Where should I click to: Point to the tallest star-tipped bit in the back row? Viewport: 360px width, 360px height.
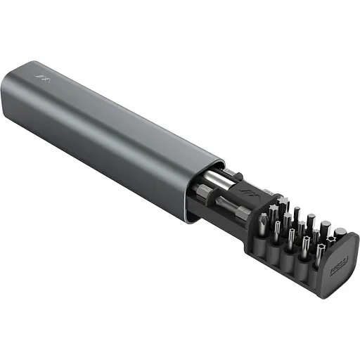click(x=283, y=205)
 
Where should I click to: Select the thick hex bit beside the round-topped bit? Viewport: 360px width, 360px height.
click(x=326, y=226)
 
